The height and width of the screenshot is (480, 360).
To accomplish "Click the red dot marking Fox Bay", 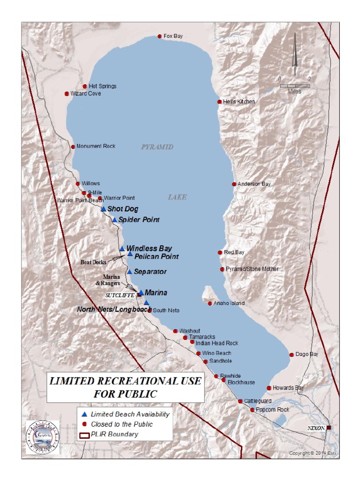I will pyautogui.click(x=159, y=36).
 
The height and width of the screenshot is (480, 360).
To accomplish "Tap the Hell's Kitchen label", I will pyautogui.click(x=239, y=102).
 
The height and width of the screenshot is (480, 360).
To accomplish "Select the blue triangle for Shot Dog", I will pyautogui.click(x=104, y=209).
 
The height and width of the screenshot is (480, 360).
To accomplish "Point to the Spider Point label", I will pyautogui.click(x=139, y=220).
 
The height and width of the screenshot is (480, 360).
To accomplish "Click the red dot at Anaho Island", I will pyautogui.click(x=210, y=303).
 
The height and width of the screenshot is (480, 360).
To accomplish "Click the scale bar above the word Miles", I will pyautogui.click(x=295, y=86).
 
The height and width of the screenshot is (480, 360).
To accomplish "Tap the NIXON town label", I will pyautogui.click(x=316, y=428).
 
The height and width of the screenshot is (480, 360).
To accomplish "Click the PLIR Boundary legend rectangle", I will pyautogui.click(x=84, y=435).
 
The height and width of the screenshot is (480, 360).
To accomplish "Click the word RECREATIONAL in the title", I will pyautogui.click(x=140, y=381).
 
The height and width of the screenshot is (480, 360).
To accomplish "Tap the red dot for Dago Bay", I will pyautogui.click(x=292, y=355).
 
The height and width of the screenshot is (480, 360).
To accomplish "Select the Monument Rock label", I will pyautogui.click(x=96, y=147).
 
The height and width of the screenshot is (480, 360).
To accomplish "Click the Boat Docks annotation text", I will pyautogui.click(x=93, y=262).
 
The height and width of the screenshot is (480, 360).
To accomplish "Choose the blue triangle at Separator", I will pyautogui.click(x=129, y=272).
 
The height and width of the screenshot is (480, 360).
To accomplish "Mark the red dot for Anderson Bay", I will pyautogui.click(x=234, y=184).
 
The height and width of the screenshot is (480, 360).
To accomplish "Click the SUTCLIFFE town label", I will pyautogui.click(x=120, y=295).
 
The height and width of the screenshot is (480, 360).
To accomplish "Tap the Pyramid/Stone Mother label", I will pyautogui.click(x=252, y=269).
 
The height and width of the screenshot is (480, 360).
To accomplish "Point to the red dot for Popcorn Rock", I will pyautogui.click(x=252, y=410).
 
